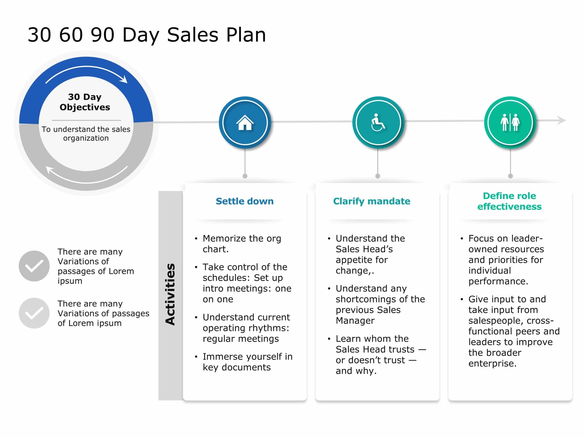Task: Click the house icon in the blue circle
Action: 245,123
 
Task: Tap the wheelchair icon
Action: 378,123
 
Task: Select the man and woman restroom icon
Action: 510,123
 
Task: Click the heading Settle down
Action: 245,201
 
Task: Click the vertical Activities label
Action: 170,294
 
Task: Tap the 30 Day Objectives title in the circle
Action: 85,102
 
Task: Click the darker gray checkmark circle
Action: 34,266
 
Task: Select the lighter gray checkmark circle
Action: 34,313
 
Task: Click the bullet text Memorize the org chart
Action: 242,244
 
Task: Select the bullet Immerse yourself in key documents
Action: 247,362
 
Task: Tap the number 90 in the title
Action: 102,35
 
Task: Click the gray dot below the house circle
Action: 245,176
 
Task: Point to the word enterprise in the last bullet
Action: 492,364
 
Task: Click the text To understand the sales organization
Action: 86,134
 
